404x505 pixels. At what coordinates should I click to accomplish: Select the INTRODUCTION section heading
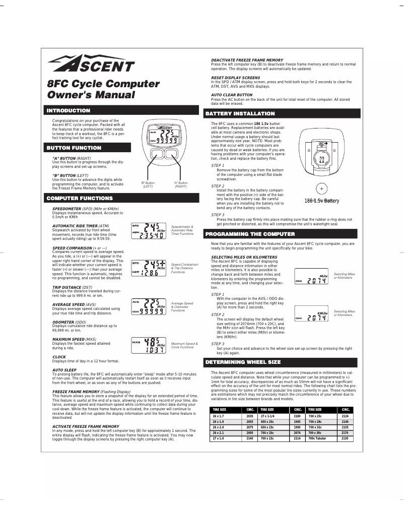[69, 110]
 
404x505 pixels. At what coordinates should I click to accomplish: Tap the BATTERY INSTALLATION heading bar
[240, 113]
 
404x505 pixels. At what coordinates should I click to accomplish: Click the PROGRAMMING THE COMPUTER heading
[250, 234]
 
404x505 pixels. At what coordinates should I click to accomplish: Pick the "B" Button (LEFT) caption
[148, 184]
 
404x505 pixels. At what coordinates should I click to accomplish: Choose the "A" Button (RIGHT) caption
[180, 184]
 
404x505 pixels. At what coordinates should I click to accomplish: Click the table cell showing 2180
[297, 416]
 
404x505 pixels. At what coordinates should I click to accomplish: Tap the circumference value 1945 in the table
[297, 422]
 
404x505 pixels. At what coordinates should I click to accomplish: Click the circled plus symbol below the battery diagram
[321, 189]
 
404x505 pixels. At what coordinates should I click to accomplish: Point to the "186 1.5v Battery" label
[321, 201]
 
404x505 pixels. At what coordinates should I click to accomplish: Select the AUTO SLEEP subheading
[64, 370]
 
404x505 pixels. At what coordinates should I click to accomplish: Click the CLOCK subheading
[59, 357]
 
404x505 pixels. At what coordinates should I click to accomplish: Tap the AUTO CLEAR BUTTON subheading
[232, 95]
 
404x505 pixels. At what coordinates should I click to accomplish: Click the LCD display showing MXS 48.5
[150, 345]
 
